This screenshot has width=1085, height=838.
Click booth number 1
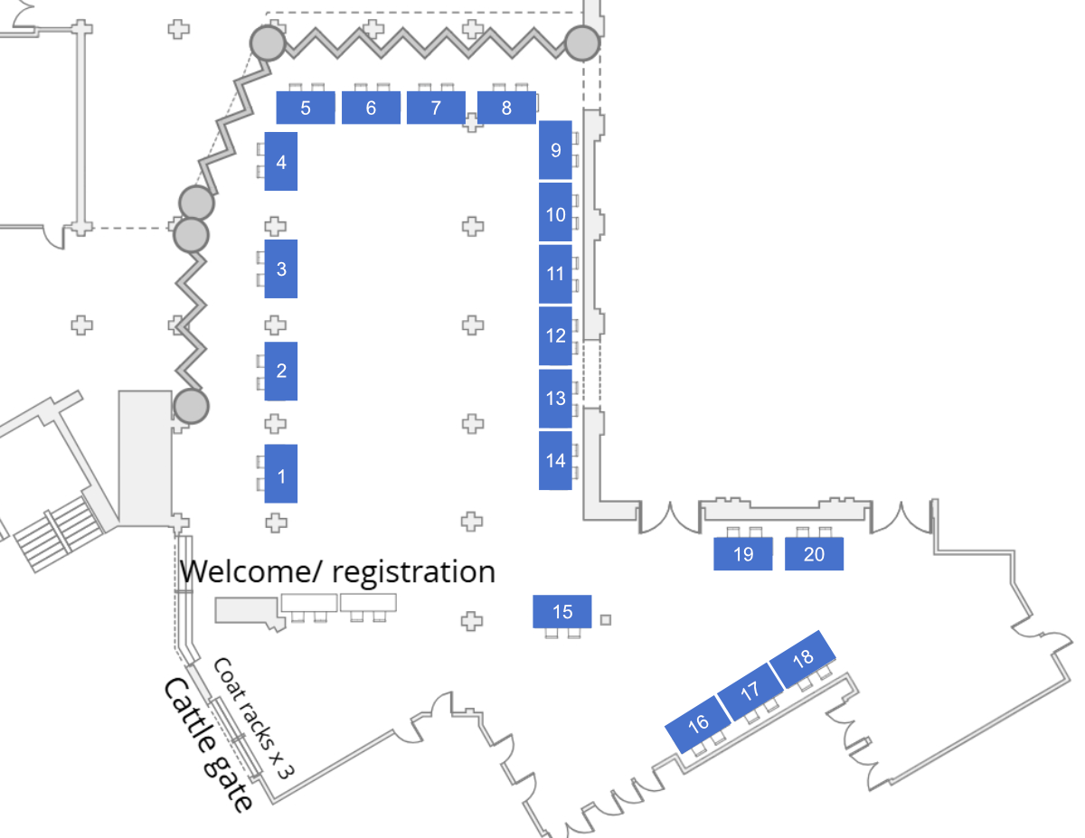pyautogui.click(x=281, y=474)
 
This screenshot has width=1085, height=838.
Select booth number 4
pyautogui.click(x=281, y=162)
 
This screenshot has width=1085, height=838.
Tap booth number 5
pyautogui.click(x=306, y=108)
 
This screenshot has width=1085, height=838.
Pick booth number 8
pyautogui.click(x=506, y=108)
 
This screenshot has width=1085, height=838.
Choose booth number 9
pyautogui.click(x=555, y=150)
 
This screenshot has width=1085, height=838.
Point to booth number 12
pyautogui.click(x=555, y=335)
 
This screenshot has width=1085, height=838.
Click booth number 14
pyautogui.click(x=555, y=460)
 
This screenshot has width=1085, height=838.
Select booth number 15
pyautogui.click(x=562, y=612)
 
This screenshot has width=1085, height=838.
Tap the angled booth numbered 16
pyautogui.click(x=698, y=723)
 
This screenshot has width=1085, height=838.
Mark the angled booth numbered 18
pyautogui.click(x=802, y=658)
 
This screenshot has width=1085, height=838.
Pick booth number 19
pyautogui.click(x=743, y=554)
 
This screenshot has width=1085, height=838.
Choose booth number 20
pyautogui.click(x=814, y=554)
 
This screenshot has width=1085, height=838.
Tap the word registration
pyautogui.click(x=414, y=572)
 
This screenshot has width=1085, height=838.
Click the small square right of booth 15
pyautogui.click(x=606, y=619)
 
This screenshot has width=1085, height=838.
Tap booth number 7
pyautogui.click(x=436, y=108)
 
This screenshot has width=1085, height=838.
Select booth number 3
pyautogui.click(x=281, y=268)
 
